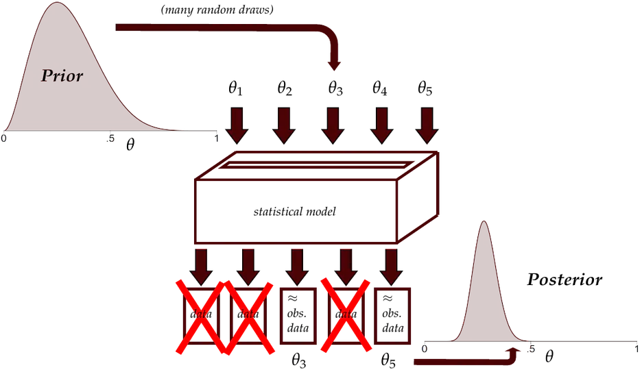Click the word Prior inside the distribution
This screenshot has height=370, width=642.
coord(62,75)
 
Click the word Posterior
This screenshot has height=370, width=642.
coord(564,280)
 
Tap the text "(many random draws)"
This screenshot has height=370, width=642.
coord(217,10)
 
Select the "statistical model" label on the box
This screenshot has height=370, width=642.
coord(295,211)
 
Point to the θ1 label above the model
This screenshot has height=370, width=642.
coord(235,88)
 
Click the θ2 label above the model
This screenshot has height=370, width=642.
coord(285,88)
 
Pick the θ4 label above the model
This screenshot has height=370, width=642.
coord(379,88)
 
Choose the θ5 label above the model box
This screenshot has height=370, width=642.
coord(425,88)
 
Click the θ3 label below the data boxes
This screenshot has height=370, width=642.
coord(299,360)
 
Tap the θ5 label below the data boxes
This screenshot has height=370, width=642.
coord(388,360)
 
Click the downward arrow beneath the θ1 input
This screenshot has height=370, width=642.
coord(237,125)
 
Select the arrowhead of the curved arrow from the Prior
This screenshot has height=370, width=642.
coord(335,65)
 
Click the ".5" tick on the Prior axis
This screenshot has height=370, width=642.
coord(110,139)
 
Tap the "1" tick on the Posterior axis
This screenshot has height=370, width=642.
coord(637,349)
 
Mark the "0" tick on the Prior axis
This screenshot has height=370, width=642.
coord(3,138)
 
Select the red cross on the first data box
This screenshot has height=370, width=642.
coord(200,317)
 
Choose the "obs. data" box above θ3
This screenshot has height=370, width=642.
coord(298,316)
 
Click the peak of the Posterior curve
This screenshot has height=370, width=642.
coord(484,221)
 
